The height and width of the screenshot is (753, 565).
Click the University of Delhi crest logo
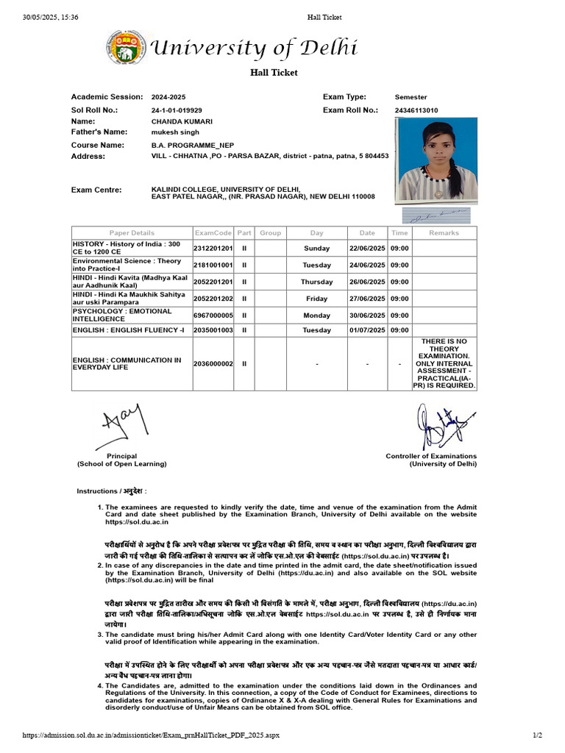point(127,49)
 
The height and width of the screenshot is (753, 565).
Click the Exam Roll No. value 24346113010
point(416,110)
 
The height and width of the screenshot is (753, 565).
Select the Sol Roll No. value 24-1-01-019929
point(177,110)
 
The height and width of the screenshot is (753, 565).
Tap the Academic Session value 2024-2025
point(168,97)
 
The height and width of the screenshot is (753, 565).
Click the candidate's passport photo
point(436,160)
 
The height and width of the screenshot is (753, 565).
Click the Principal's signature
point(122,427)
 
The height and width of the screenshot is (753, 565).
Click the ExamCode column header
point(213,233)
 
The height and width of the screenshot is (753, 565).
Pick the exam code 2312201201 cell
point(213,249)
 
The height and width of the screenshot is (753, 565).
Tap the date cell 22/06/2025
point(367,249)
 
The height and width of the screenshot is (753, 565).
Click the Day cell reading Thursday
point(316,282)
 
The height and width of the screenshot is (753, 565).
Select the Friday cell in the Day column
point(316,299)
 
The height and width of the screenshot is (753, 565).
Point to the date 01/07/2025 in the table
point(367,331)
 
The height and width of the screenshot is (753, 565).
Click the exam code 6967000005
point(213,315)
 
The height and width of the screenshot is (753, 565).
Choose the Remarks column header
point(444,233)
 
